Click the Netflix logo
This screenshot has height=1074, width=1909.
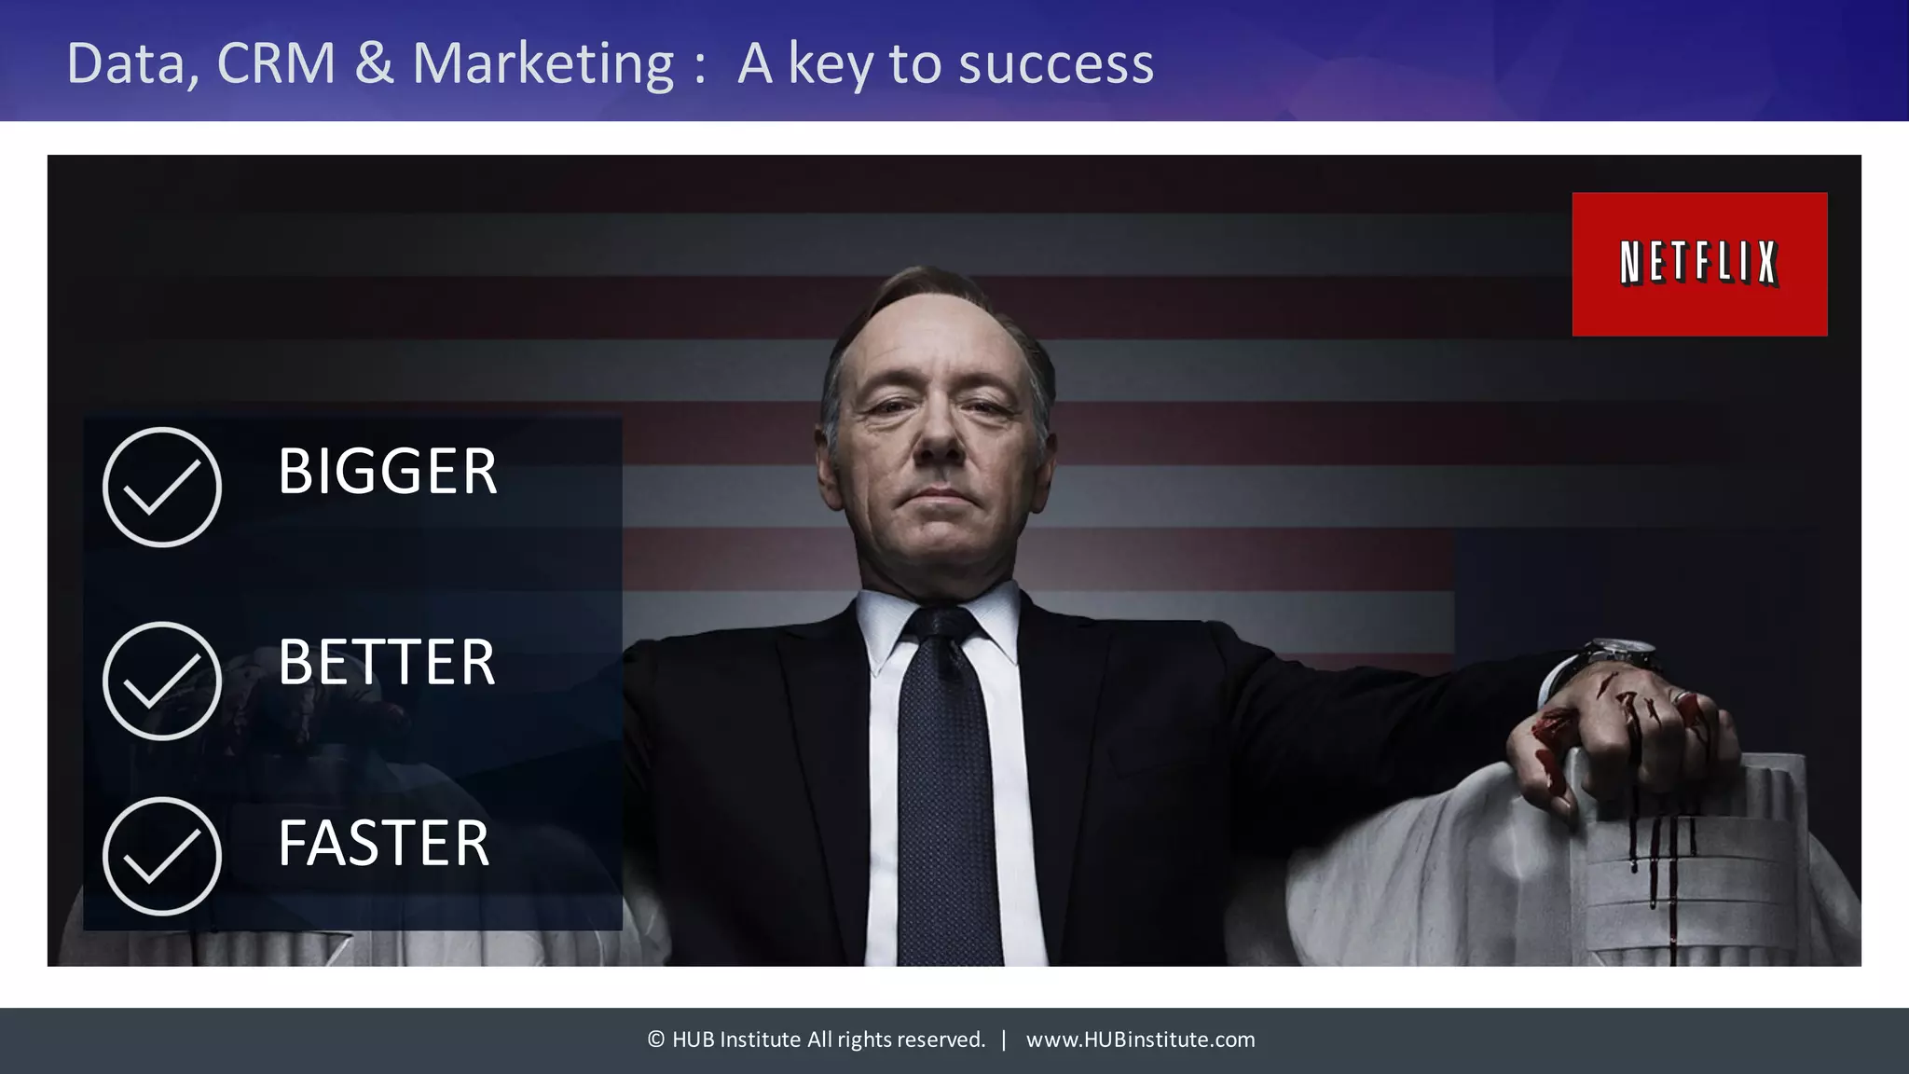tap(1699, 264)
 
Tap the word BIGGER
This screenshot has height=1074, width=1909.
tap(387, 471)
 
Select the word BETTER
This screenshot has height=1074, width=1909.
tap(386, 662)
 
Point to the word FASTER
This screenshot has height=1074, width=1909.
tap(383, 843)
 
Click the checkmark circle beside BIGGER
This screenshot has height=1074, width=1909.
tap(162, 487)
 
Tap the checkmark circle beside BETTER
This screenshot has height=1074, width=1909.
tap(162, 681)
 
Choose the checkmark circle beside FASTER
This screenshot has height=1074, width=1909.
tap(162, 856)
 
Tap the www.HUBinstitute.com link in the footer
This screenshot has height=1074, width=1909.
tap(1140, 1040)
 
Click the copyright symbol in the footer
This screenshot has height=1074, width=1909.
tap(656, 1040)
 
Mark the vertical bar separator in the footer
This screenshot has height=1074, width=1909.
tap(1004, 1040)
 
